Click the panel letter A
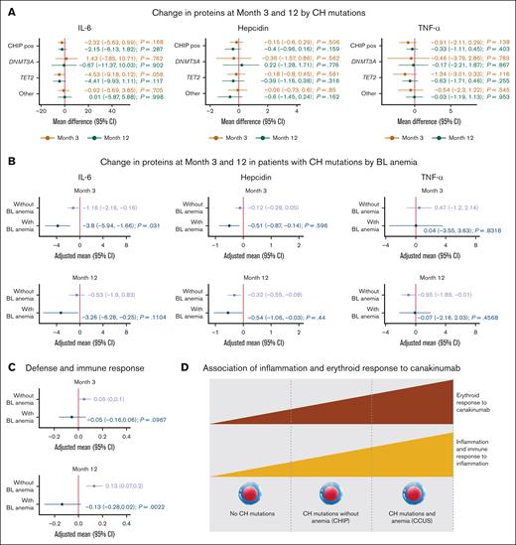click(7, 7)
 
